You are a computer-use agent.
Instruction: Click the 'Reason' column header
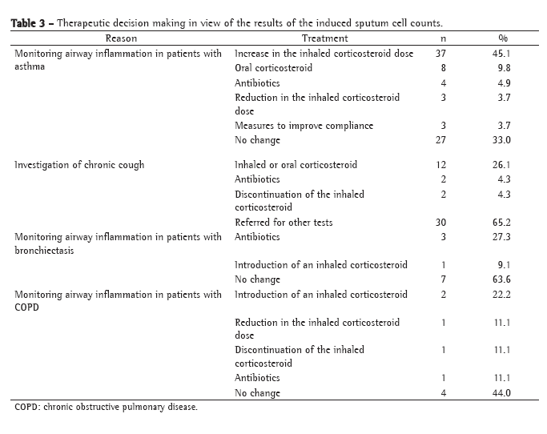pos(121,38)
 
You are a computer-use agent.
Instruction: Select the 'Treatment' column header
pos(324,38)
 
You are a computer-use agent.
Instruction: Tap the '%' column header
pos(503,38)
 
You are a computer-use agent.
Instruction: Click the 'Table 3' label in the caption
pos(29,23)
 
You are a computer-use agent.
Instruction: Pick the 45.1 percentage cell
pos(503,54)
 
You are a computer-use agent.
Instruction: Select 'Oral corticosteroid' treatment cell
pos(273,68)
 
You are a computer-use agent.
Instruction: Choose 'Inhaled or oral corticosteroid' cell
pos(296,165)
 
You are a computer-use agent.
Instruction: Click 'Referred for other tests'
pos(284,222)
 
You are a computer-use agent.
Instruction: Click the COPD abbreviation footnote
pos(106,408)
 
